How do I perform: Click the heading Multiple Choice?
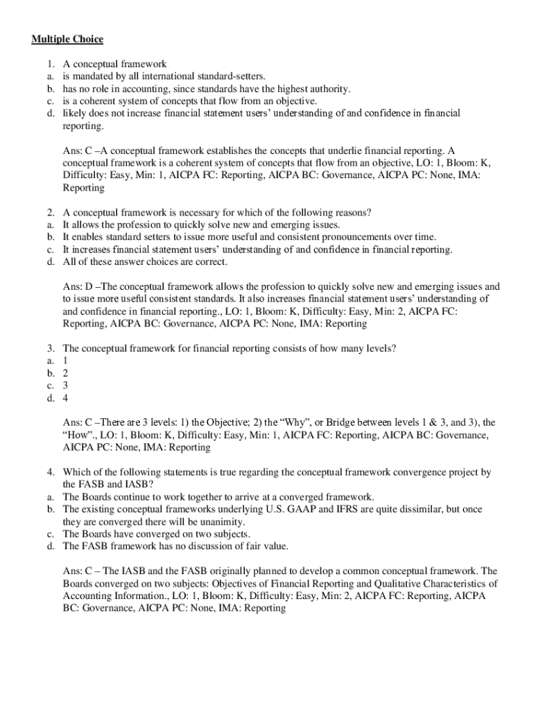pos(67,40)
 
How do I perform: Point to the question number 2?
pos(51,212)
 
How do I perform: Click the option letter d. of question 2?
pos(51,262)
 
